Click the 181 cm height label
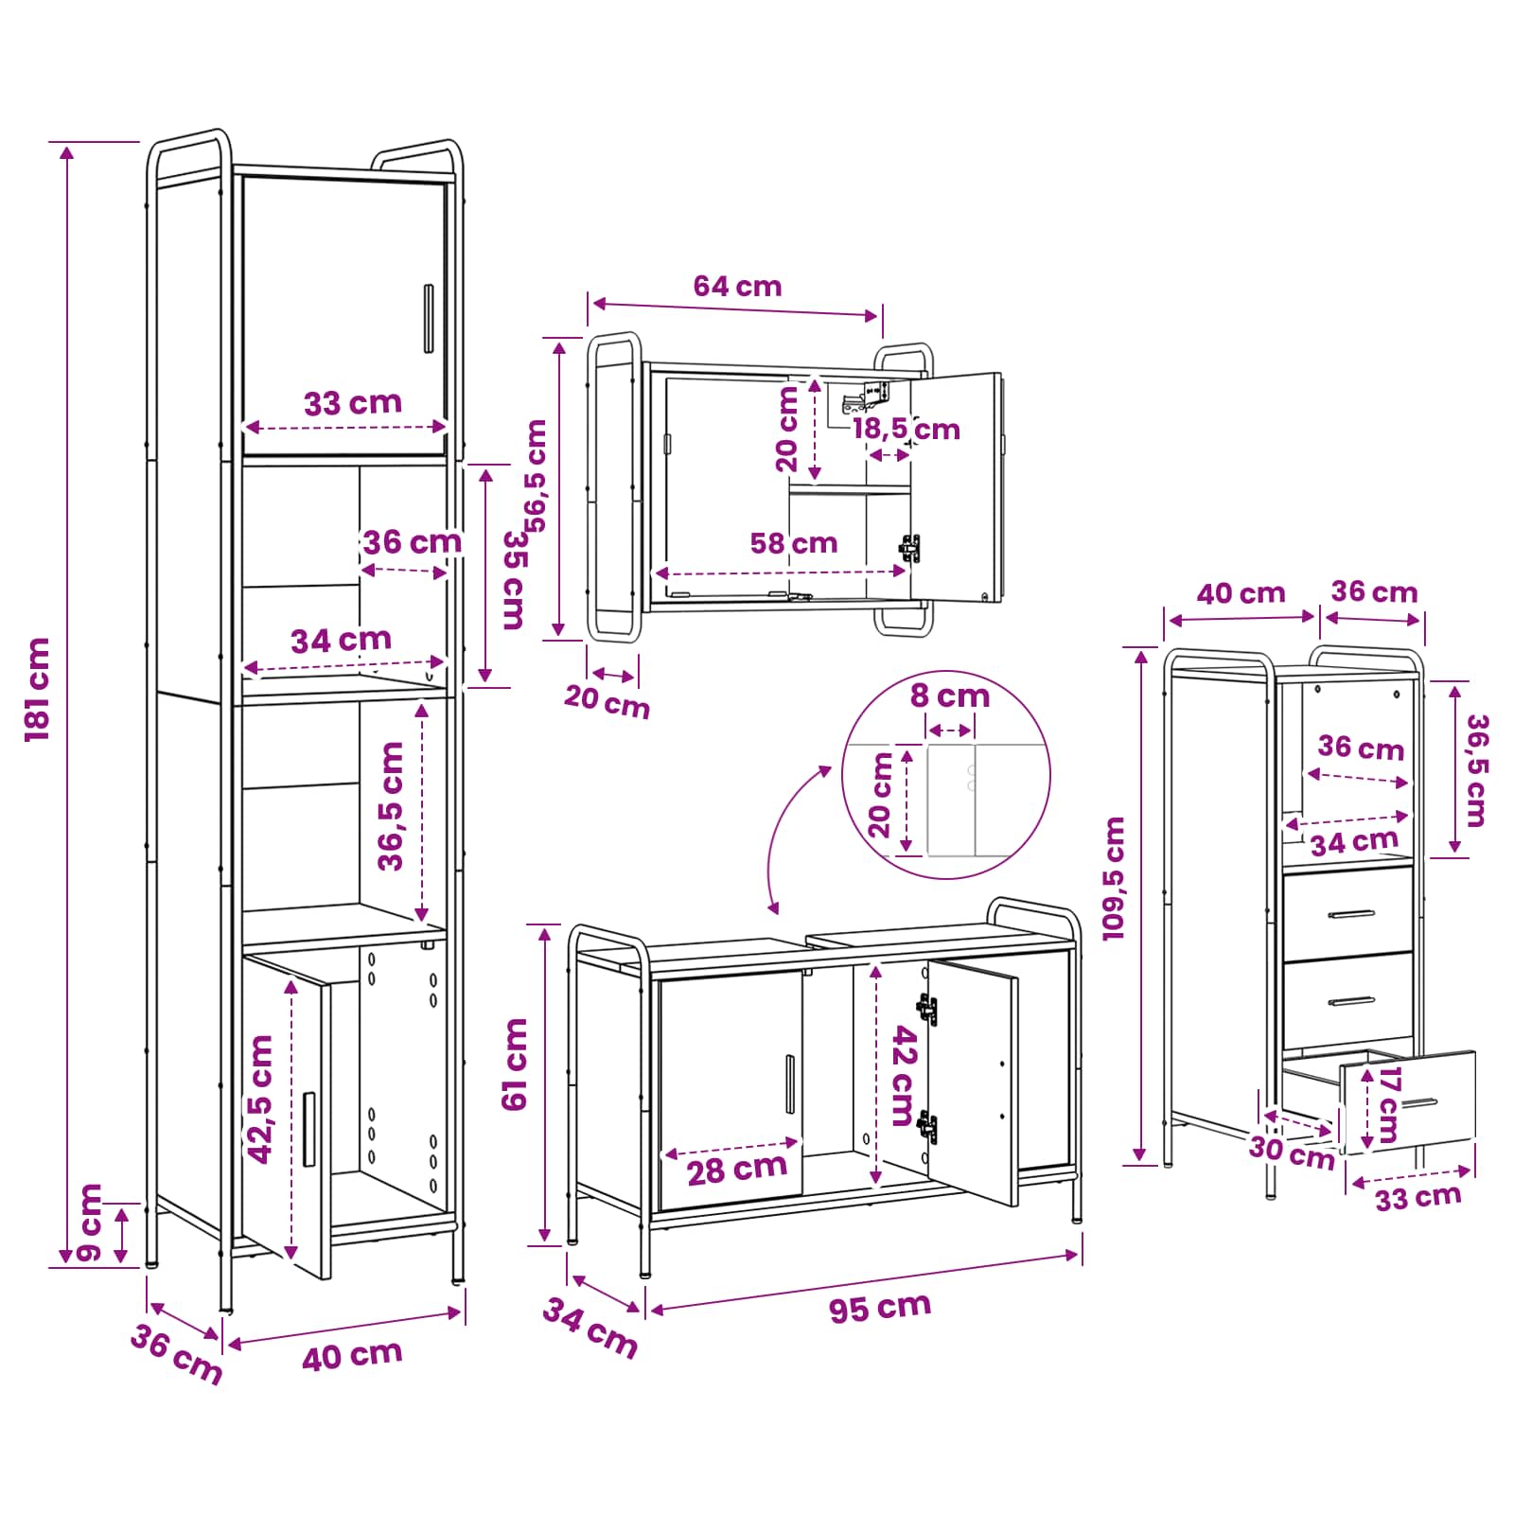(x=38, y=689)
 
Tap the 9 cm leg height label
(x=90, y=1222)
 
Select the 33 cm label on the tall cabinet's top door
(x=353, y=403)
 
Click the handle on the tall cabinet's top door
(x=428, y=319)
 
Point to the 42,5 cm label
(x=260, y=1099)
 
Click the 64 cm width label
(x=737, y=286)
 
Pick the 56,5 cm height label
(x=536, y=476)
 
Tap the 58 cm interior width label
(x=794, y=543)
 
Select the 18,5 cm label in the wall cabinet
(x=906, y=430)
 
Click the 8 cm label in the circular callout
(x=950, y=696)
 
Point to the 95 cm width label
(x=880, y=1308)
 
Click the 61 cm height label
(x=515, y=1065)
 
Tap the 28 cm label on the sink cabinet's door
(x=737, y=1170)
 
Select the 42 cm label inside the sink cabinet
(x=906, y=1076)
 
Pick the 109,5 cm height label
(x=1114, y=878)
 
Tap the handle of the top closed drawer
(x=1351, y=914)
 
